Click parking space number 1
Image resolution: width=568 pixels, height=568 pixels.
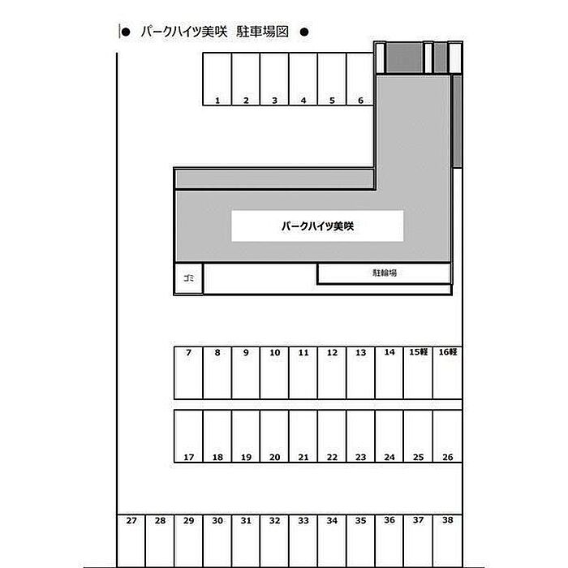click(x=217, y=79)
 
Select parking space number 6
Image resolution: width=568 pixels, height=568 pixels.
click(x=360, y=79)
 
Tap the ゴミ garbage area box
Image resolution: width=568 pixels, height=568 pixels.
click(x=188, y=278)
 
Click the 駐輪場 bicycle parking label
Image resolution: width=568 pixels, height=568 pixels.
click(x=385, y=273)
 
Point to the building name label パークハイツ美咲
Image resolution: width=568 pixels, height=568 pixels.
click(x=317, y=226)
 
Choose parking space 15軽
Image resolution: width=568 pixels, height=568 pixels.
click(x=418, y=372)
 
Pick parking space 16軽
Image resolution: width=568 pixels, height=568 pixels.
click(x=447, y=372)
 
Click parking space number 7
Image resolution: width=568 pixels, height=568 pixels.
click(x=188, y=372)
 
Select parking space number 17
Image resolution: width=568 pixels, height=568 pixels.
click(x=188, y=437)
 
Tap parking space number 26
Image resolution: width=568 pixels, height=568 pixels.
click(x=447, y=437)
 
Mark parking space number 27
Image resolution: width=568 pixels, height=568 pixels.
click(x=131, y=540)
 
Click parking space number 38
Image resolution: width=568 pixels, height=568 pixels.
click(x=447, y=540)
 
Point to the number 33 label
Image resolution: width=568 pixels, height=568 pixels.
click(x=303, y=521)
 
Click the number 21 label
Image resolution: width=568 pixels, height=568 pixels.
click(x=303, y=457)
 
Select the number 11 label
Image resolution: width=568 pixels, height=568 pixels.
click(x=303, y=352)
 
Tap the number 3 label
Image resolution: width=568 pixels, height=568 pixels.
click(x=274, y=101)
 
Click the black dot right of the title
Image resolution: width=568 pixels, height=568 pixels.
click(x=304, y=32)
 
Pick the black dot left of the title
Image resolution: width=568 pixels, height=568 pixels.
click(x=126, y=32)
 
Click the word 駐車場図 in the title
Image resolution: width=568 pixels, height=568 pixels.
click(x=262, y=32)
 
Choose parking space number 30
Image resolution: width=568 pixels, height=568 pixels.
click(x=217, y=540)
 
